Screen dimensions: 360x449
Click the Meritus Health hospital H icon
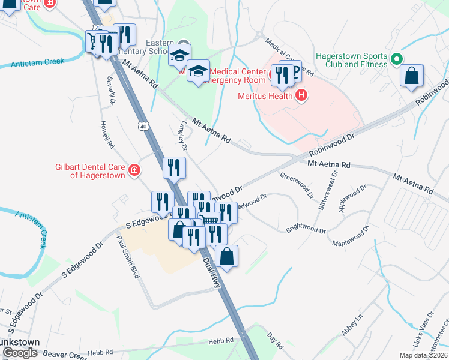pos(302,95)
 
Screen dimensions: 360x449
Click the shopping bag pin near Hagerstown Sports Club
pos(412,77)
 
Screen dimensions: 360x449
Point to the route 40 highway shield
pos(142,126)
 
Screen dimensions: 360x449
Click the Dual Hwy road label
pos(213,274)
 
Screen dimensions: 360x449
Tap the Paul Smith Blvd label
pos(128,256)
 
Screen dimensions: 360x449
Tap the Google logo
pos(20,353)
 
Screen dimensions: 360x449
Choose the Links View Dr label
pos(430,325)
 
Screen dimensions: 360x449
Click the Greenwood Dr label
pos(297,185)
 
